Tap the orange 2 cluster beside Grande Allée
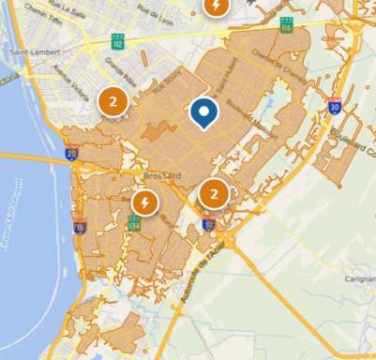point(113,100)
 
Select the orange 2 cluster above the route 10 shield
point(215,194)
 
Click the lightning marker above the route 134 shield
point(144,201)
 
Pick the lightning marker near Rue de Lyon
point(217,7)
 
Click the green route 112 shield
point(117,41)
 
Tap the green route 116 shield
point(285,23)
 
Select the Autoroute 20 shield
point(72,153)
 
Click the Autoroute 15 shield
point(80,226)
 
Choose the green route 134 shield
point(135,223)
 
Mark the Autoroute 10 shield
point(208,223)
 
